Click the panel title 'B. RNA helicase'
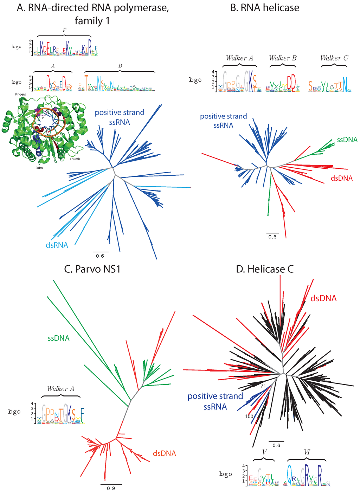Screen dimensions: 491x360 [x=265, y=8]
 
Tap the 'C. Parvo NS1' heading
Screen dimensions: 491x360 [x=93, y=269]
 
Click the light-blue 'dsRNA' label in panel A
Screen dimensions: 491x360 [x=57, y=245]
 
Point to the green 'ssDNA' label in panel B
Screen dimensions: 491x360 [x=347, y=140]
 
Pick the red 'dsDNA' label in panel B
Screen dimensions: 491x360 [x=341, y=178]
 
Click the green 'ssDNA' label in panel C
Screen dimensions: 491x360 [x=59, y=338]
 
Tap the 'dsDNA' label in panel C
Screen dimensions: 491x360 [x=164, y=453]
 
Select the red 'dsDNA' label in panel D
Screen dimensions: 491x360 [x=323, y=298]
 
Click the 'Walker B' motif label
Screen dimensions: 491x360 [x=283, y=58]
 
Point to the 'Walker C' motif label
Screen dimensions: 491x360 [x=334, y=58]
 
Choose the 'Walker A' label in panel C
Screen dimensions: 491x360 [x=60, y=389]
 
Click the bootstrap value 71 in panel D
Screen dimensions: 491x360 [x=263, y=386]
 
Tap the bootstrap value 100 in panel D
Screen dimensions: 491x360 [x=249, y=416]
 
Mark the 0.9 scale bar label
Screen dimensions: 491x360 [x=111, y=488]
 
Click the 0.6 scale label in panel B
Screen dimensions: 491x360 [x=272, y=237]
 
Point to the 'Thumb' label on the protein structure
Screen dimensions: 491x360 [x=75, y=159]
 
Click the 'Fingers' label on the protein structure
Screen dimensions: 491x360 [x=20, y=95]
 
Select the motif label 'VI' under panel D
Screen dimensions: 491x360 [x=307, y=452]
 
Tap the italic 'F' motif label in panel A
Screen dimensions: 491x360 [x=64, y=31]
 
